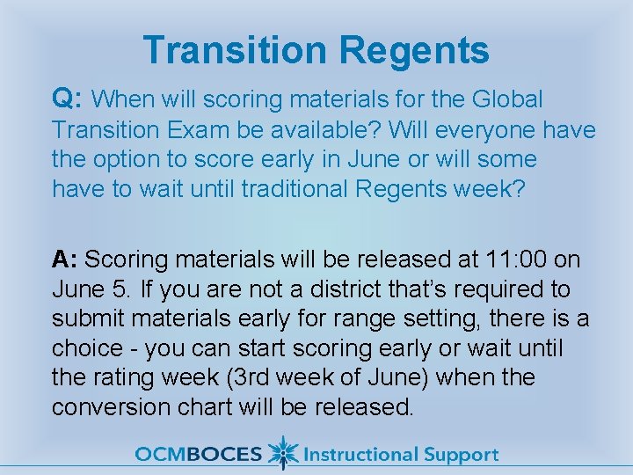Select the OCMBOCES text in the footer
(199, 454)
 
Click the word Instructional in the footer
(361, 454)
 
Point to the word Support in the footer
(462, 456)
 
